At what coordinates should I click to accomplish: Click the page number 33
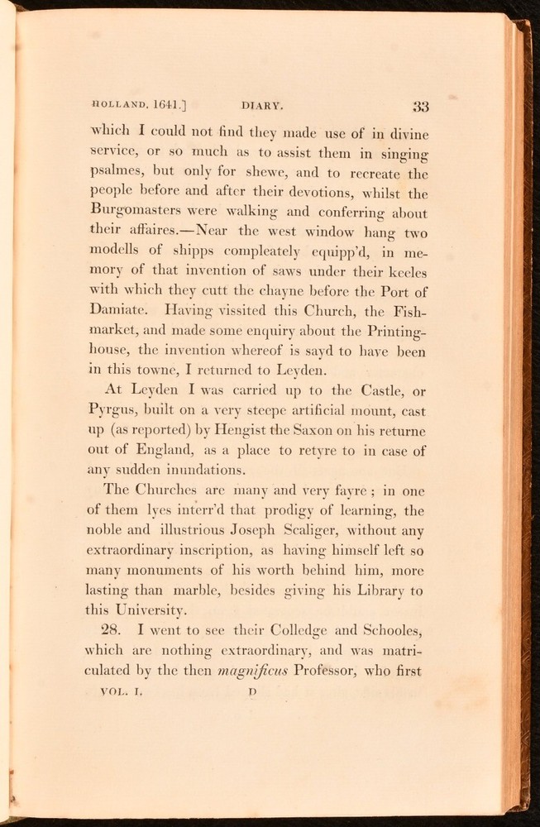click(419, 106)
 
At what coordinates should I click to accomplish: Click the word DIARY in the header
click(264, 106)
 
